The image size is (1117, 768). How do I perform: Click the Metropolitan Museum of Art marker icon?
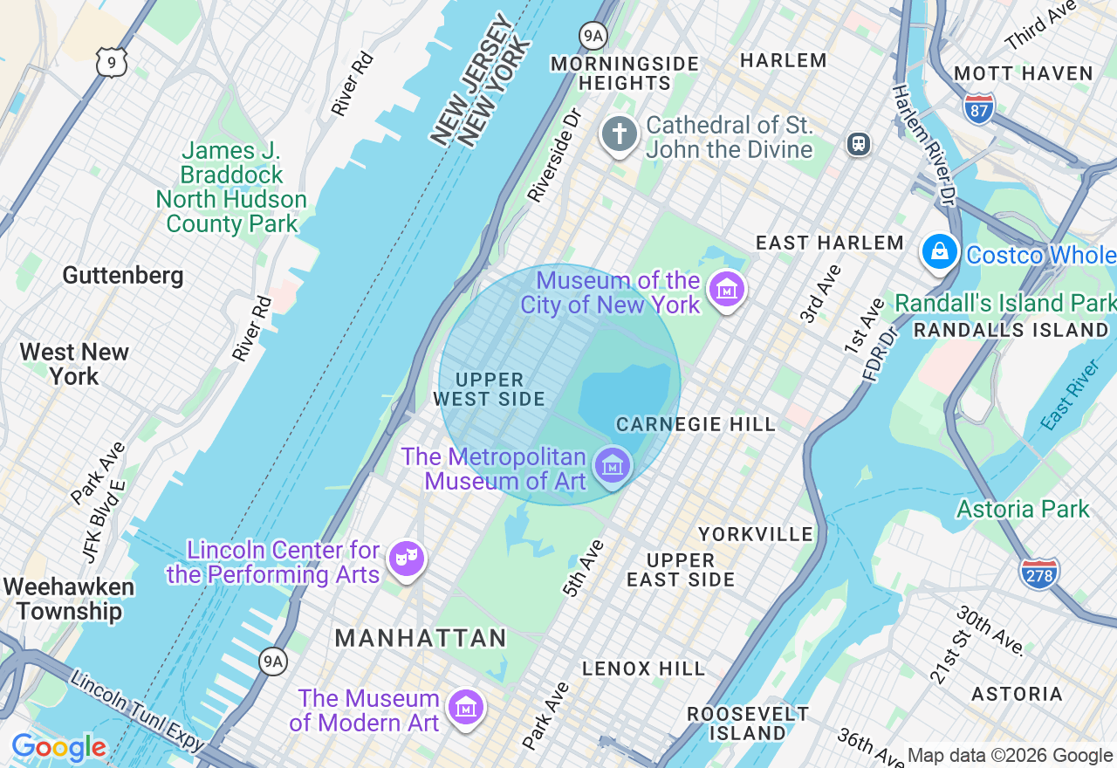[612, 465]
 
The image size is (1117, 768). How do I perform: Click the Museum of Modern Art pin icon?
[465, 707]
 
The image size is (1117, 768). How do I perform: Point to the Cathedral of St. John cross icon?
[619, 135]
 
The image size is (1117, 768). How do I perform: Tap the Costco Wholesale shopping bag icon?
[939, 252]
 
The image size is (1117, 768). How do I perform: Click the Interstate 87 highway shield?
[980, 108]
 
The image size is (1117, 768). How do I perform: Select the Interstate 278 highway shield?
[1038, 573]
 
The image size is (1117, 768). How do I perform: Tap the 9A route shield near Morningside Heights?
[593, 35]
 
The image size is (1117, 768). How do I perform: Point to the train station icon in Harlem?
[859, 144]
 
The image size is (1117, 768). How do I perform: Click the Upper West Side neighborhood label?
[490, 390]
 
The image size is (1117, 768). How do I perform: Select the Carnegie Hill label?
[696, 424]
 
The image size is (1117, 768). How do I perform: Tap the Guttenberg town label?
[123, 276]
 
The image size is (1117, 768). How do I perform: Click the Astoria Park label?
[1023, 509]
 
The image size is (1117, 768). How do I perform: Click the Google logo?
[58, 748]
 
